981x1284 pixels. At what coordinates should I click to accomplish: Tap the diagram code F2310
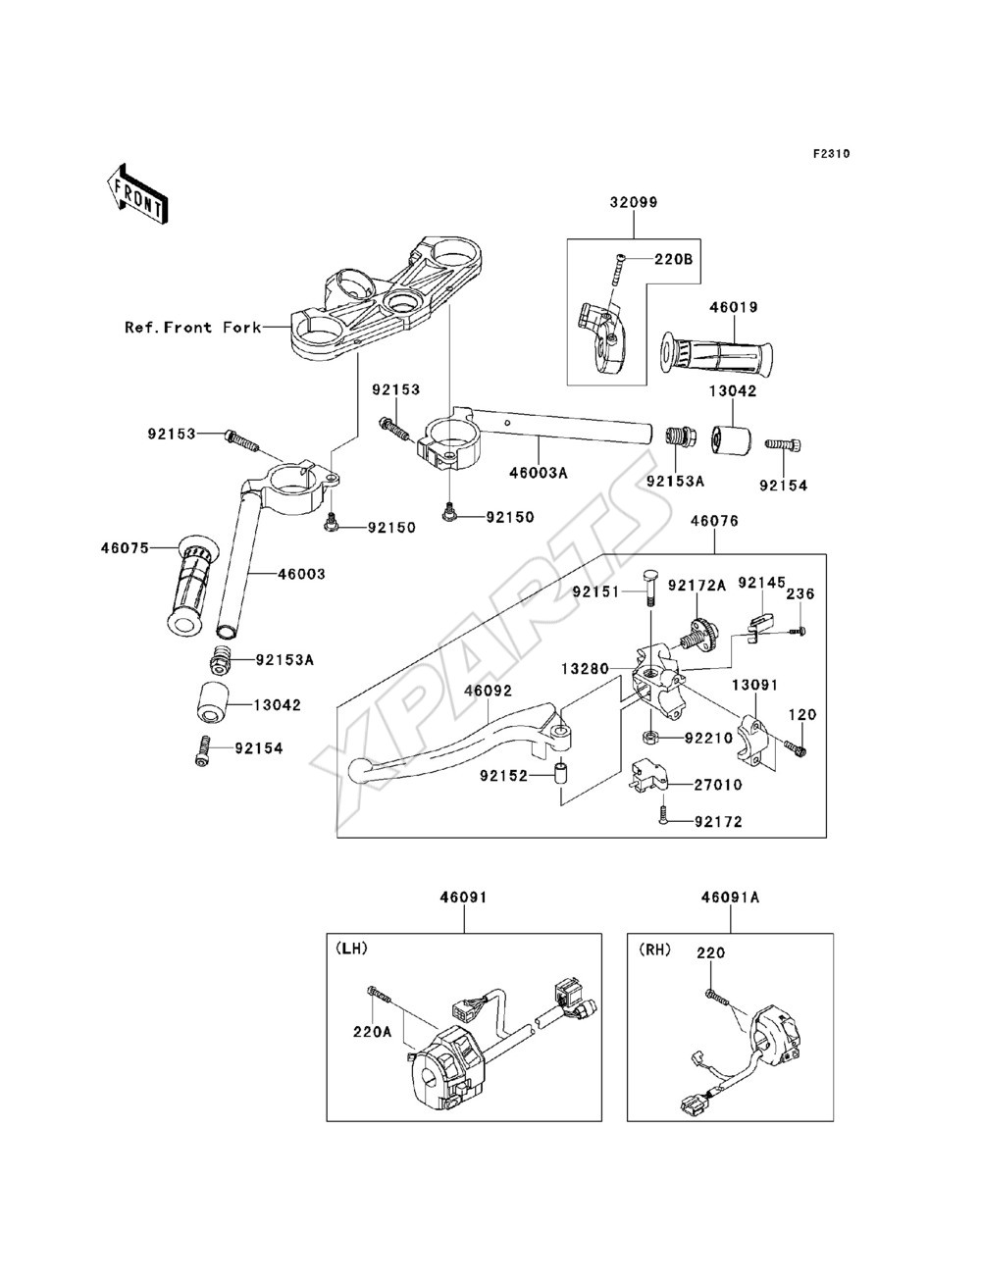click(831, 154)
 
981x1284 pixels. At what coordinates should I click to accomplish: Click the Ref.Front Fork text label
click(193, 327)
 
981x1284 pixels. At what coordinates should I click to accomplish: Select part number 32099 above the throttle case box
click(634, 202)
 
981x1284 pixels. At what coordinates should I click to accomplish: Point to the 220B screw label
click(673, 259)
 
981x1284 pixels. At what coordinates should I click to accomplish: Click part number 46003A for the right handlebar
click(539, 472)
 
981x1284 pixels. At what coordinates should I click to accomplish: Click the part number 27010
click(718, 784)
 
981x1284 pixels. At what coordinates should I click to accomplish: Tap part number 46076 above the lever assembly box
click(714, 521)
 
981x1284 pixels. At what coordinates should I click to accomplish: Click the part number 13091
click(754, 685)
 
